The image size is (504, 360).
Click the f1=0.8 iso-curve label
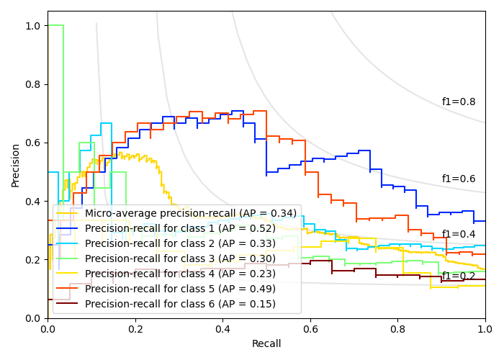tap(459, 102)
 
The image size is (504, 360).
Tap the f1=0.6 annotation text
tap(459, 179)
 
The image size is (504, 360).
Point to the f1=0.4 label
tap(459, 235)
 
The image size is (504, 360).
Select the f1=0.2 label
tap(459, 276)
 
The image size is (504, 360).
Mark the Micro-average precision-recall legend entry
tap(190, 213)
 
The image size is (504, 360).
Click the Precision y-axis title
tap(16, 165)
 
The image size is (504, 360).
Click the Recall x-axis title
tap(266, 344)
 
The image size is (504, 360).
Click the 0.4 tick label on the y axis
tap(33, 201)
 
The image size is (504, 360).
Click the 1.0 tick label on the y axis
tap(33, 26)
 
